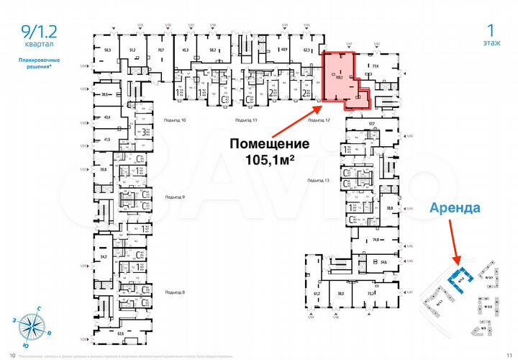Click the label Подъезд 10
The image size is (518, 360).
point(176,120)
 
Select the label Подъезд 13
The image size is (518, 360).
point(317,179)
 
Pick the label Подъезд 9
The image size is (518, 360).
point(175,197)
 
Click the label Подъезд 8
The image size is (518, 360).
point(175,292)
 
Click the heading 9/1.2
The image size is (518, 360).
point(37,30)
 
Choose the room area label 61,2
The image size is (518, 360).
point(317,294)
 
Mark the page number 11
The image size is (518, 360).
point(508,355)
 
